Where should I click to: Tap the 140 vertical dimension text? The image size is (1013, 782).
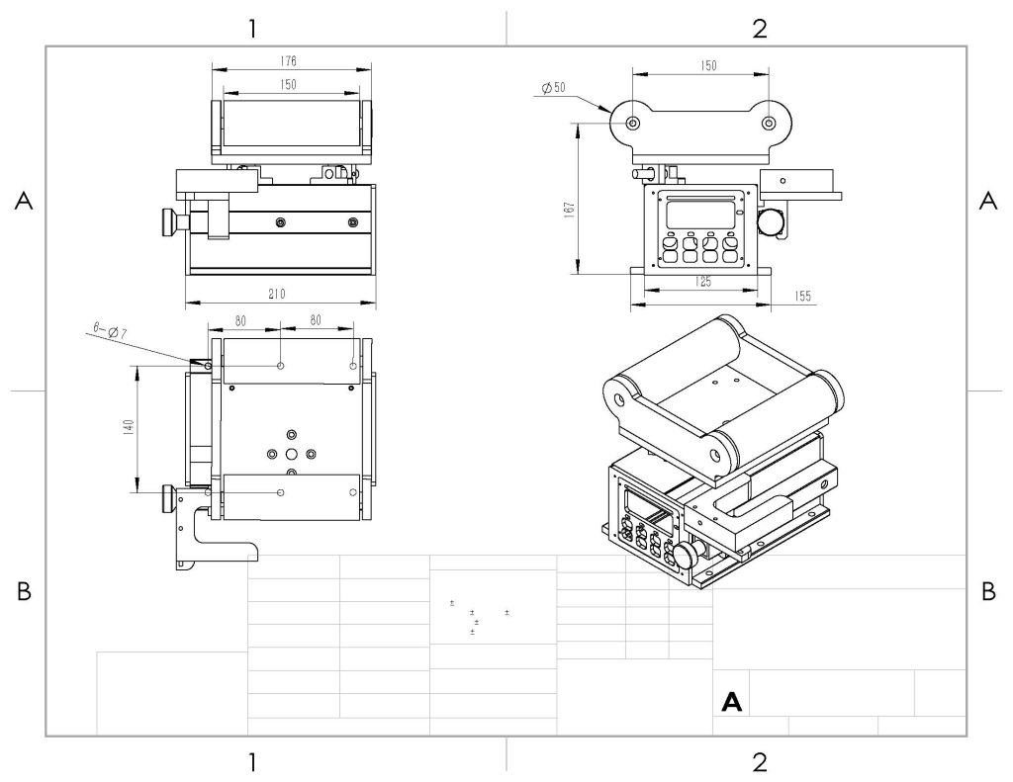tap(128, 428)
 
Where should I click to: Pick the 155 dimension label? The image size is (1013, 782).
tap(801, 296)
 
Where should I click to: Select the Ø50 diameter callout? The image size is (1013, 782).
tap(554, 88)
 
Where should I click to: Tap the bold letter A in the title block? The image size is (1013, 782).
tap(732, 702)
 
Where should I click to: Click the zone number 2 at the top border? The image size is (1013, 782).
tap(759, 28)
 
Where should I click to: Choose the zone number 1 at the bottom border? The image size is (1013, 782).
tap(253, 761)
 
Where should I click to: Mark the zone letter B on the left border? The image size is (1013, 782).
tap(24, 592)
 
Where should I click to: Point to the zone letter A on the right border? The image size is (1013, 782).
tap(986, 201)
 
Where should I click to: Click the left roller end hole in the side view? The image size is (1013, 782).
tap(634, 123)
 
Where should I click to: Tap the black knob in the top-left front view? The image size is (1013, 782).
tap(170, 221)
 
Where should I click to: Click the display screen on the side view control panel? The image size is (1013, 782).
tap(699, 214)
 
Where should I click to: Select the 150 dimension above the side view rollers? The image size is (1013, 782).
tap(708, 65)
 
